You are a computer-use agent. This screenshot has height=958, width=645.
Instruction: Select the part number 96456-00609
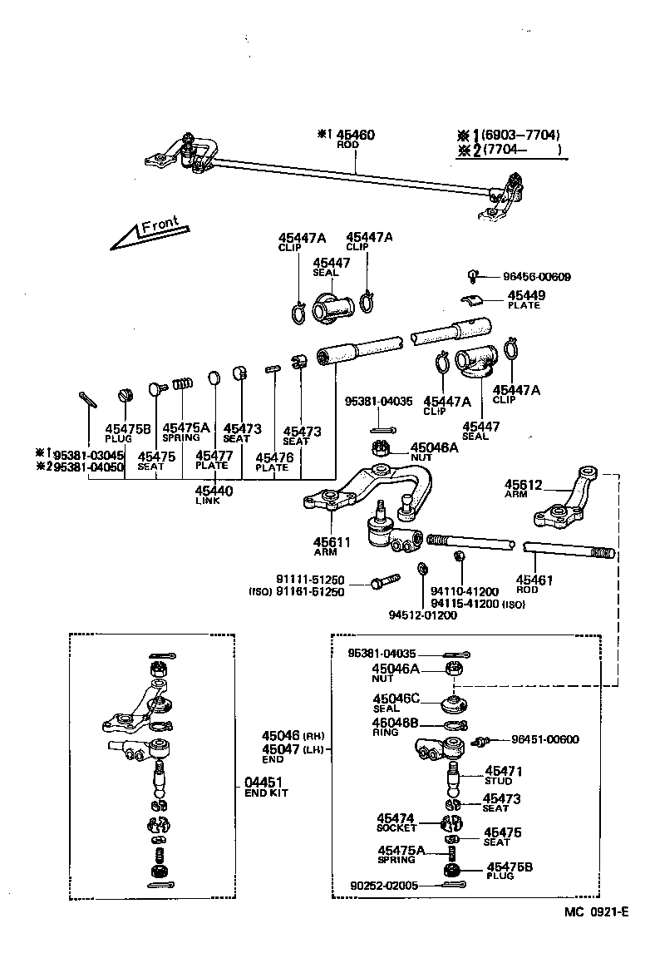tap(537, 277)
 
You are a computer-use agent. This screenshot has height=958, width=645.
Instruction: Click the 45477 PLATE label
tap(212, 460)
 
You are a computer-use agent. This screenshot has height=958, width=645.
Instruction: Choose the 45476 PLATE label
tap(272, 462)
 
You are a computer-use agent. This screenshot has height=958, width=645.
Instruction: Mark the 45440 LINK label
tap(214, 495)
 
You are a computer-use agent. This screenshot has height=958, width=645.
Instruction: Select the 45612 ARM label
tap(523, 488)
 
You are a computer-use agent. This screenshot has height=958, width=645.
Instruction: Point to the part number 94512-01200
tap(422, 615)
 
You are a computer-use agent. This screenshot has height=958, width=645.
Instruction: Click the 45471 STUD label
tap(503, 775)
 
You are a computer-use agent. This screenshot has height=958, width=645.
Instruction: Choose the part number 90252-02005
tap(385, 886)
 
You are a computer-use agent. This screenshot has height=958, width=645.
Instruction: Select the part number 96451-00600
tap(545, 739)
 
